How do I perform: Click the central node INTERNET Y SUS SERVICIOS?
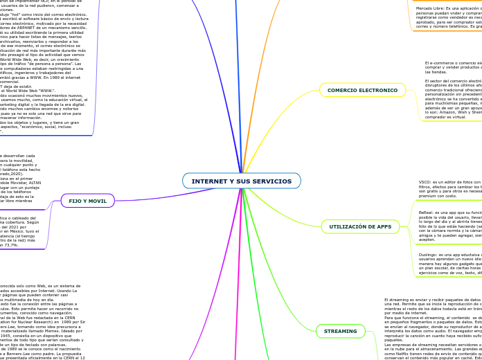pyautogui.click(x=241, y=181)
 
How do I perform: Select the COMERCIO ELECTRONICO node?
pyautogui.click(x=362, y=90)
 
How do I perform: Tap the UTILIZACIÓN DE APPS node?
pyautogui.click(x=360, y=226)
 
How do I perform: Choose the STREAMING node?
pyautogui.click(x=340, y=332)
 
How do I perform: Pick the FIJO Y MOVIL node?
pyautogui.click(x=87, y=201)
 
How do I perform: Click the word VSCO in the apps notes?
pyautogui.click(x=425, y=182)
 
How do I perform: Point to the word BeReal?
pyautogui.click(x=426, y=213)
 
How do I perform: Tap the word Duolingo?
pyautogui.click(x=428, y=254)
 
